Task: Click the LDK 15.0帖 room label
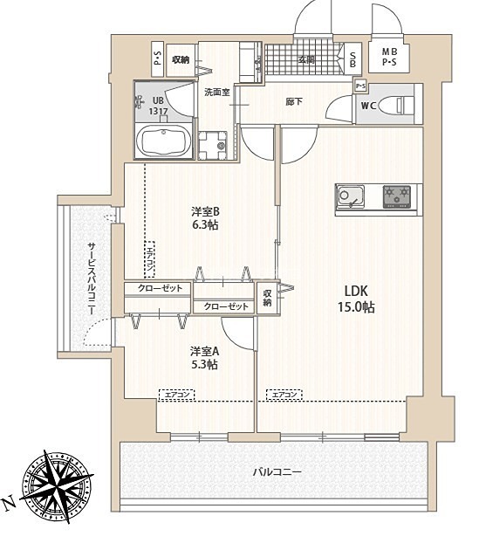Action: pos(356,299)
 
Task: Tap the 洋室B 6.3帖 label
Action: pos(205,218)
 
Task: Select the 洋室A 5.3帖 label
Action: pos(204,358)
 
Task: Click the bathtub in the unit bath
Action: pos(163,141)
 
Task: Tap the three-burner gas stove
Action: pos(397,196)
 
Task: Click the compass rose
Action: pos(57,486)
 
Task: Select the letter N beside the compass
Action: pos(10,503)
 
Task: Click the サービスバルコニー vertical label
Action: pos(92,278)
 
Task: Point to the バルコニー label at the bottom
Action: pos(277,471)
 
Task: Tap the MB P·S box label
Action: pos(390,57)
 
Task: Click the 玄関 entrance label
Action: pos(306,59)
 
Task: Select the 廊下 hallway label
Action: pos(294,102)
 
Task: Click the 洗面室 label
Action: pos(217,93)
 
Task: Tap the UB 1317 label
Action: pos(158,106)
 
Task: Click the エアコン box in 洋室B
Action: pos(150,259)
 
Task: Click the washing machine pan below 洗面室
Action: pos(213,146)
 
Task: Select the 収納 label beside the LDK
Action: pos(268,298)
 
